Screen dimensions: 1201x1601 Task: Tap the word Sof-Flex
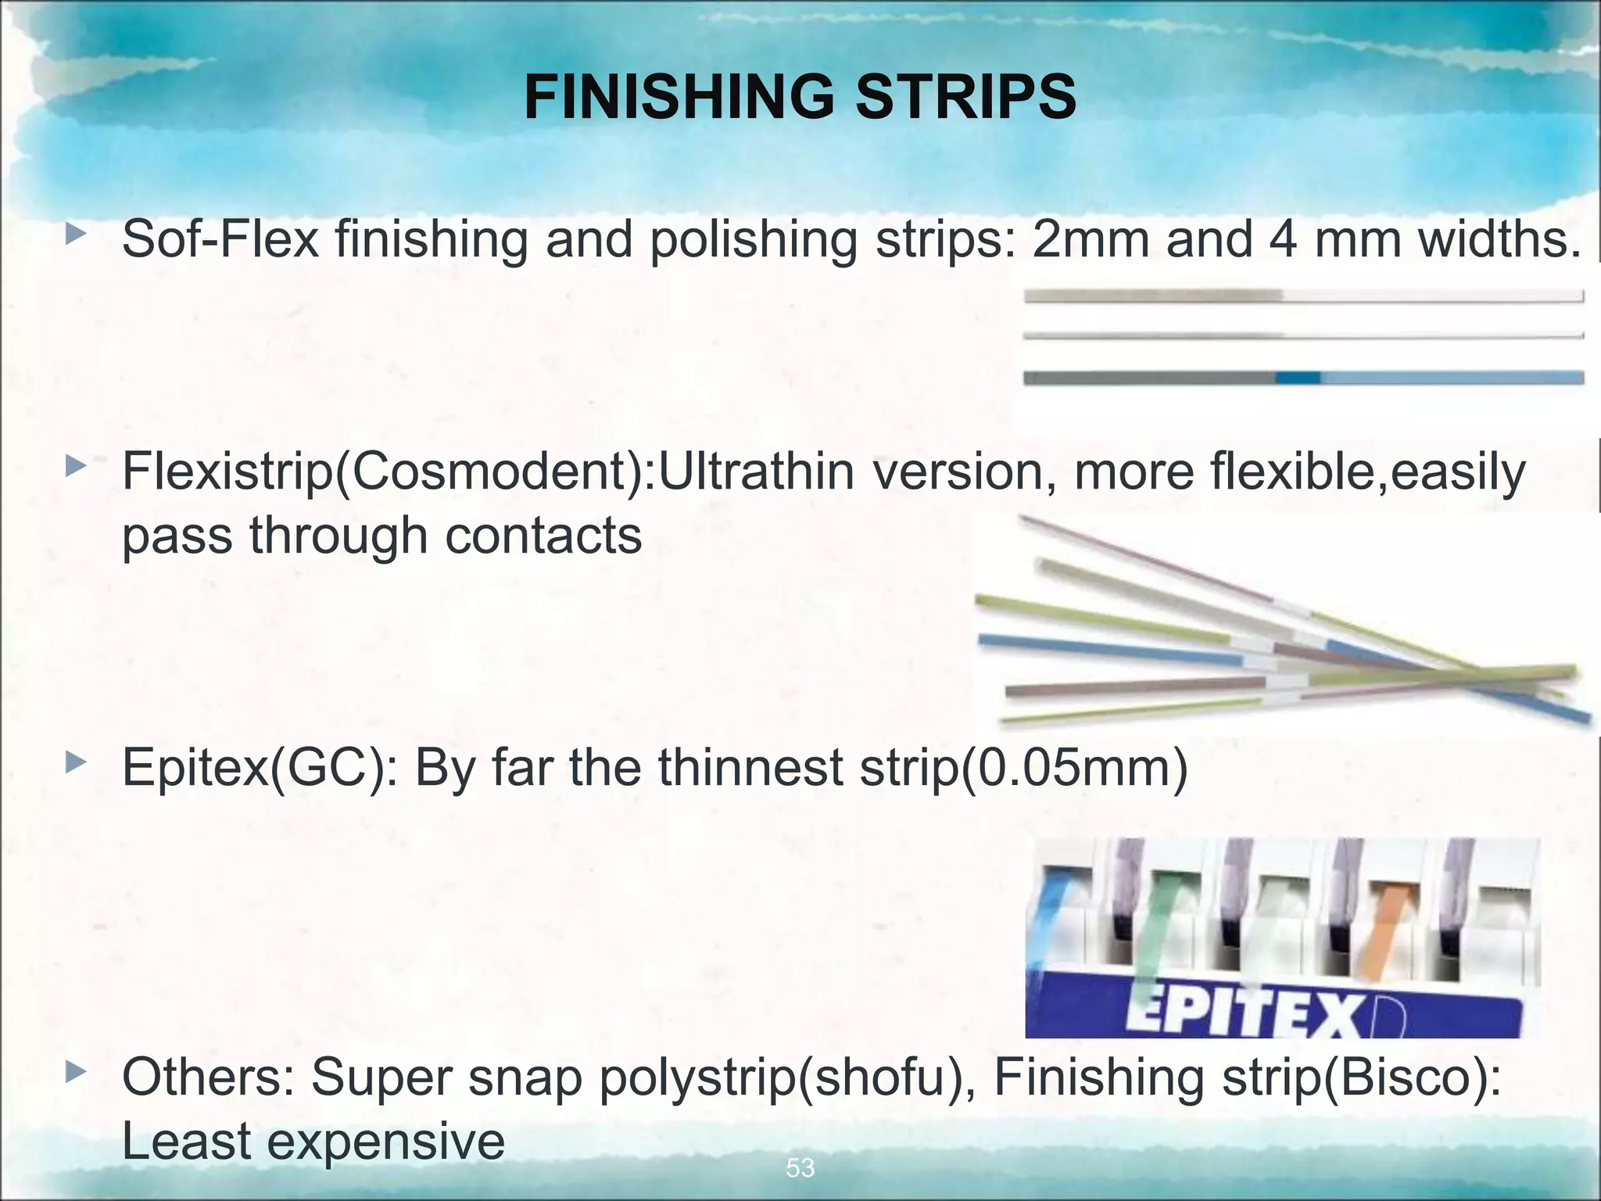coord(220,238)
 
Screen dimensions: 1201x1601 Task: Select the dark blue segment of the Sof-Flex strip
coord(1298,378)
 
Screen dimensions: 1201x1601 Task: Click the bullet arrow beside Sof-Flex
coord(75,235)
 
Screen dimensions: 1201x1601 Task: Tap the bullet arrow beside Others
coord(75,1072)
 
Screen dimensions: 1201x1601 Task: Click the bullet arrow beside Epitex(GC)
coord(75,762)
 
